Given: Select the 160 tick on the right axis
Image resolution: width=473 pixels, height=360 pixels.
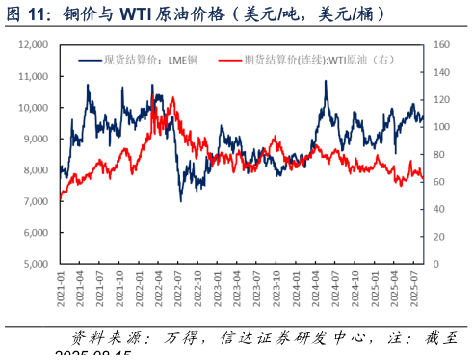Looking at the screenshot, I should tap(441, 45).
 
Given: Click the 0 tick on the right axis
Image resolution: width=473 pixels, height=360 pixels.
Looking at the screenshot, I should tap(435, 264).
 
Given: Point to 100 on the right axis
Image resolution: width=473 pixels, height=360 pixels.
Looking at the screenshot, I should tap(441, 127).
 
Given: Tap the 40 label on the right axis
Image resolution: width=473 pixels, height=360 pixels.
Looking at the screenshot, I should tap(438, 209).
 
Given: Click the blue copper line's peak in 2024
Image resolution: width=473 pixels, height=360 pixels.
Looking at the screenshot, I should tap(326, 82).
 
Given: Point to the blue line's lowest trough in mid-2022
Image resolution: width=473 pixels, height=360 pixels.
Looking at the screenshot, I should tap(180, 200).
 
